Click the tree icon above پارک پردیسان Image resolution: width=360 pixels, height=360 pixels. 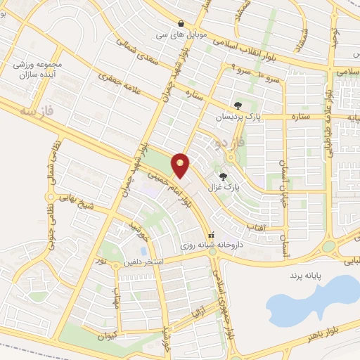coord(238,105)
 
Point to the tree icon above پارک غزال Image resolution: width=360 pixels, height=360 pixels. coord(224,177)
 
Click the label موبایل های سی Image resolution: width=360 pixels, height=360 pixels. coord(182,32)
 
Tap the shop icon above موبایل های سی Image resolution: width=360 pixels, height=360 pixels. coord(182,22)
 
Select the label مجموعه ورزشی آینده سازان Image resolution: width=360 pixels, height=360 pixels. coord(38,68)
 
